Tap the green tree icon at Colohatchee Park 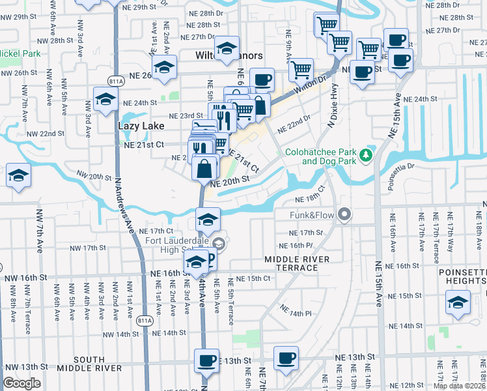[367, 155]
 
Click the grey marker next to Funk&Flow [344, 214]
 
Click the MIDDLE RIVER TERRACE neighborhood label [298, 264]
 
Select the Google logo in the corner [21, 383]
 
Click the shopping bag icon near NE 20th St [205, 169]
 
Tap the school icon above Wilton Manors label [227, 48]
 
